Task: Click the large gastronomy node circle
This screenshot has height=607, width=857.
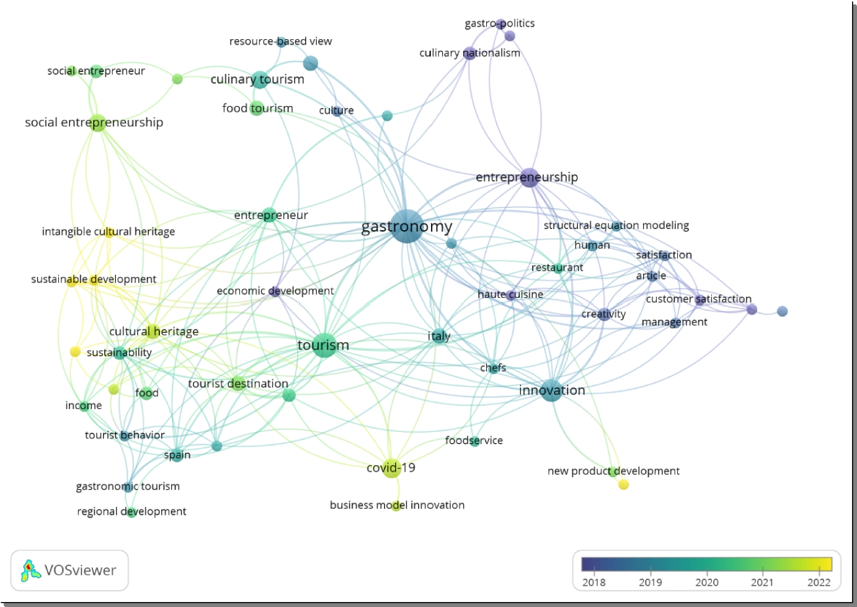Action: coord(407,226)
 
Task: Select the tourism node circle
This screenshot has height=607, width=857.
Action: coord(323,344)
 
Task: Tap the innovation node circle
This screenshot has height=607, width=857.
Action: coord(551,390)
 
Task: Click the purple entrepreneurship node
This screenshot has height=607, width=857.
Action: coord(528,178)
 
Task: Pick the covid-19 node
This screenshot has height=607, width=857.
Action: coord(391,467)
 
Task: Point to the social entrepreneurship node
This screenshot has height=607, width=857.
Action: coord(97,122)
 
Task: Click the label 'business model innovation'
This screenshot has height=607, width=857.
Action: coord(397,505)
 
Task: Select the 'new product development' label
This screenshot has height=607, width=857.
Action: coord(613,471)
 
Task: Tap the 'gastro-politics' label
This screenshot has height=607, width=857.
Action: coord(499,24)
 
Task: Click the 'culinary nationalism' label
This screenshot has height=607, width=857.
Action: coord(469,53)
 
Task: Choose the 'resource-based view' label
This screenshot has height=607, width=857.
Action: coord(280,41)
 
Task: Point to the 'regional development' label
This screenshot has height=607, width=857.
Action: coord(131,511)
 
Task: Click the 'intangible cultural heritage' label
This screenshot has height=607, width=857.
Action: coord(108,232)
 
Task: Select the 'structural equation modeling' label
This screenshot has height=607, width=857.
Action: coord(616,225)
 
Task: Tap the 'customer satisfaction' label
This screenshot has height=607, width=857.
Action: coord(698,299)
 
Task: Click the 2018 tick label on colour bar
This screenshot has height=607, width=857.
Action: coord(593,582)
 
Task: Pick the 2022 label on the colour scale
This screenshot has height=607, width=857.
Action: coord(819,582)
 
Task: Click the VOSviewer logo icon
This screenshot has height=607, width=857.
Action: coord(30,570)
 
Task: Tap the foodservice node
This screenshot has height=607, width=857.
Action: coord(474,441)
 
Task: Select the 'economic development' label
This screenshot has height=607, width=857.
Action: coord(275,291)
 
